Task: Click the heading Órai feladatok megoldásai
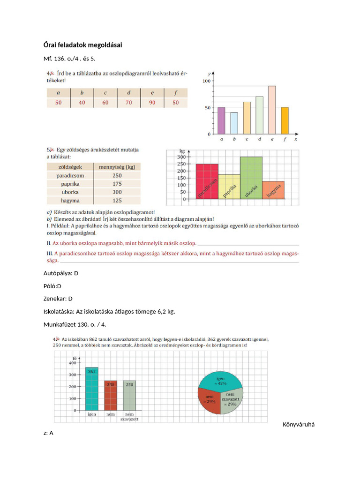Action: click(82, 45)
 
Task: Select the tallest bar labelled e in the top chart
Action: click(272, 110)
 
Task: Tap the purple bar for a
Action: click(221, 120)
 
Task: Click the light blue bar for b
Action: click(234, 123)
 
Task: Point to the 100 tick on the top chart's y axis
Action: click(206, 81)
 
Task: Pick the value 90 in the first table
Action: click(152, 103)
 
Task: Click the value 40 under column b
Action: click(82, 103)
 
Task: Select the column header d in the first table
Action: click(128, 93)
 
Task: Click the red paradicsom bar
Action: click(207, 181)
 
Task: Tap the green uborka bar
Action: click(251, 178)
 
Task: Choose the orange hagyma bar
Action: click(273, 190)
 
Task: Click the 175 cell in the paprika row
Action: click(117, 184)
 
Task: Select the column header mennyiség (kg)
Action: click(117, 166)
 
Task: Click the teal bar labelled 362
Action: click(92, 389)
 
